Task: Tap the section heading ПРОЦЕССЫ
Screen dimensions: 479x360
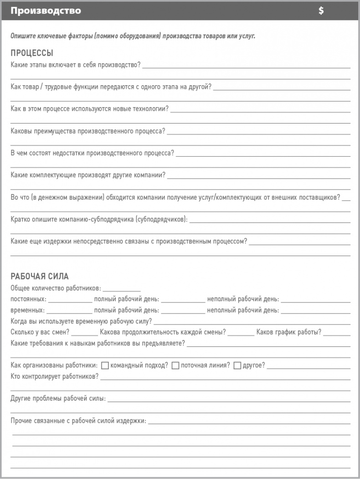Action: [32, 53]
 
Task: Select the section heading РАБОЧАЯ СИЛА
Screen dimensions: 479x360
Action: [40, 277]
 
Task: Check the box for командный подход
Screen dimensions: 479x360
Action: [105, 366]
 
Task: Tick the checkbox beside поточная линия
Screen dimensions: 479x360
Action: [175, 366]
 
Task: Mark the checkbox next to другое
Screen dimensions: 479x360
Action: [237, 366]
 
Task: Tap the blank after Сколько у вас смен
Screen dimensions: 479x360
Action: [84, 332]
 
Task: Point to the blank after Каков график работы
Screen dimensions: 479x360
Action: [337, 332]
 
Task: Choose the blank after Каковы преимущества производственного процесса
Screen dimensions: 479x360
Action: [259, 131]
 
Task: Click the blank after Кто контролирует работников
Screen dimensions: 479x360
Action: [225, 376]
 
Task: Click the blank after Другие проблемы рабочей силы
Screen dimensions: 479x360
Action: [229, 399]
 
